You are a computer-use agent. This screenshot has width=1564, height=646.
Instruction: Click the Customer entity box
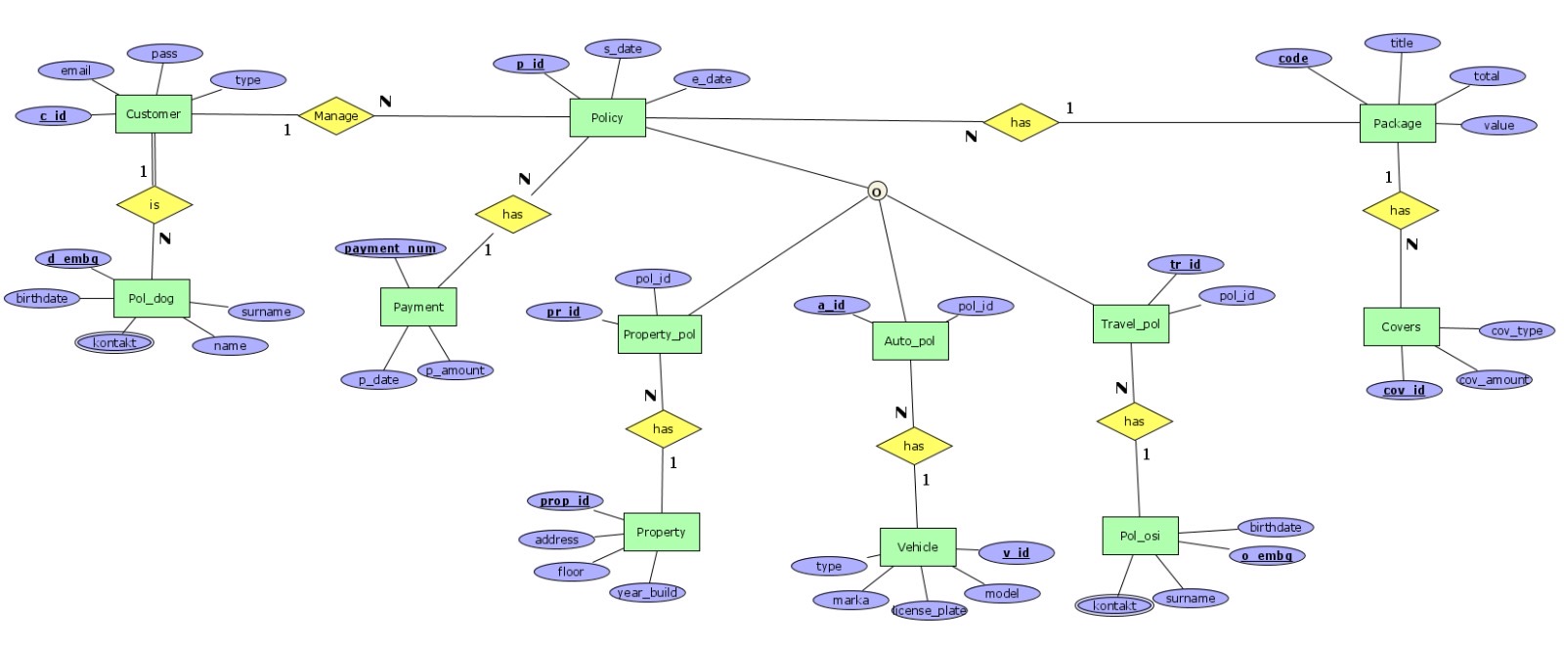153,114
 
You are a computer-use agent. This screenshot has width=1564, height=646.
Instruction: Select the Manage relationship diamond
335,115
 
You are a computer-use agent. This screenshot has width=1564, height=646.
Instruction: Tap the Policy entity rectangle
607,118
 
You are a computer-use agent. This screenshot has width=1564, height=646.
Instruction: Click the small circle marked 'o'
877,192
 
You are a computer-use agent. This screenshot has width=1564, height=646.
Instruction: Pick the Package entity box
1397,123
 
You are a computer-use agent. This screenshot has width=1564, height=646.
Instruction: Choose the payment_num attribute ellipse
390,248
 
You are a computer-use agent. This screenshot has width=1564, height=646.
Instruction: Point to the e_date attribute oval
712,79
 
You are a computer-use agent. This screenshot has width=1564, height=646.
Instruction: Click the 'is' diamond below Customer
154,205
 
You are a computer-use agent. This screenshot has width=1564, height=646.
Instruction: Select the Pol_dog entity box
152,298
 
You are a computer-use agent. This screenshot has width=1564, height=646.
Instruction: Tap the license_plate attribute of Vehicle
929,611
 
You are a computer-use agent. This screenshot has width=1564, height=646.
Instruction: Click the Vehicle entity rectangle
917,547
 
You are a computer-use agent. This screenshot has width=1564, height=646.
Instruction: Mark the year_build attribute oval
647,592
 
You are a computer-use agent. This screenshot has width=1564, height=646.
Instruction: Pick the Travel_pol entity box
1130,323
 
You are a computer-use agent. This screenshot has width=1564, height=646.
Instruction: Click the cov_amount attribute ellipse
1494,379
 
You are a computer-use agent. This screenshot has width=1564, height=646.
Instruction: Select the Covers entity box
1401,327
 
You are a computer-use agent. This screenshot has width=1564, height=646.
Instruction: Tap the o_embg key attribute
1267,555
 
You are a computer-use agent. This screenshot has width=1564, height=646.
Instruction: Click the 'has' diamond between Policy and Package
1021,123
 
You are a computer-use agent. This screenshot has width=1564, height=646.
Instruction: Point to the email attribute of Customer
75,70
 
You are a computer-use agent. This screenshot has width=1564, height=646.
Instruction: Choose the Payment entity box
418,307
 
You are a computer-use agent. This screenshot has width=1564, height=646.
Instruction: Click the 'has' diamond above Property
663,429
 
